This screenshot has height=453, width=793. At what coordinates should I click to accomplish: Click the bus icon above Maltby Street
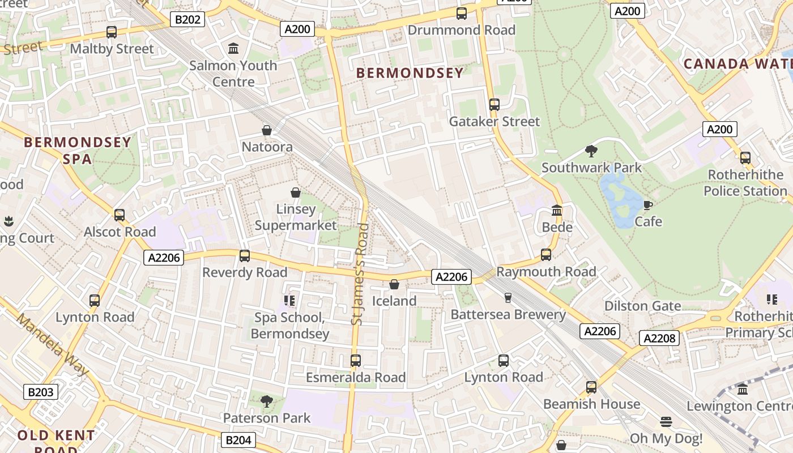(112, 32)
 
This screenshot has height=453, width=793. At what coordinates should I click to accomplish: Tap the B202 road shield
(187, 20)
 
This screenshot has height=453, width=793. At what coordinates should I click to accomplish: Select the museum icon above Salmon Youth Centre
(233, 49)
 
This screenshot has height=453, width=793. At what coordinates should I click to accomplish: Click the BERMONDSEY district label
(411, 72)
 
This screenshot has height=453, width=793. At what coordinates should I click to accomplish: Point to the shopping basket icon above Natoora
(267, 131)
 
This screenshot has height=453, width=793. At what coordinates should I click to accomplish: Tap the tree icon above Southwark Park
(591, 151)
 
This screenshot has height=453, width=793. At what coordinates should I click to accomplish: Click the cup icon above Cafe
(648, 204)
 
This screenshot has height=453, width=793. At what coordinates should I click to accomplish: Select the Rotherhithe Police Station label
(745, 182)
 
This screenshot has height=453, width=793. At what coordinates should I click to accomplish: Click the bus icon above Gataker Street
(494, 105)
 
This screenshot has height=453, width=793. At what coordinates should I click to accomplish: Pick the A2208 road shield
(659, 339)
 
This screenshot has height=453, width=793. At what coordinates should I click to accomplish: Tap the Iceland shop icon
(394, 284)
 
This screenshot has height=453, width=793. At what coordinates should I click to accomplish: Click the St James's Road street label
(360, 275)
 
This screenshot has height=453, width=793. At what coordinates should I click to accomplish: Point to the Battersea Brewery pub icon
(508, 297)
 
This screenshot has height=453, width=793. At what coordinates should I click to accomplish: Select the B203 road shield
(41, 392)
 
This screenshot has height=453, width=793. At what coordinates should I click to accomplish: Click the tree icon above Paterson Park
(266, 401)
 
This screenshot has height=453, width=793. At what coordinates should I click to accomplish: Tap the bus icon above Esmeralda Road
(356, 361)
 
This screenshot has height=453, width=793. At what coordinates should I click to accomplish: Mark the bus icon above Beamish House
(591, 387)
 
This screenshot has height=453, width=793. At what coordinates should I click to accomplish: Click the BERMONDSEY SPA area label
(78, 150)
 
